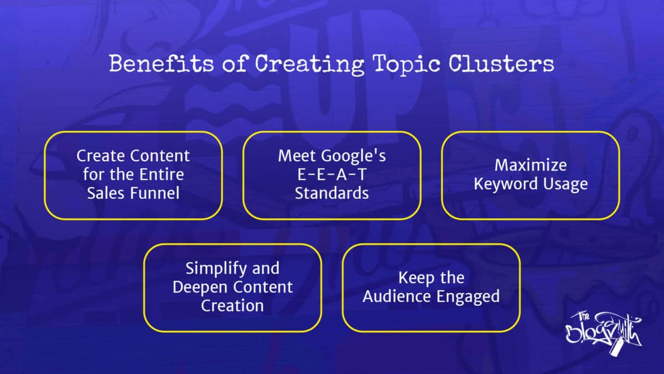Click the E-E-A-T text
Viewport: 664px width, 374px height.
(x=331, y=175)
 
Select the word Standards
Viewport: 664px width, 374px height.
(x=331, y=193)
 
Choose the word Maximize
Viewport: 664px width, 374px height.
(x=530, y=165)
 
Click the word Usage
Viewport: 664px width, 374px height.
(x=566, y=184)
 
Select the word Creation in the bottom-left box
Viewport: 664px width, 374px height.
(x=232, y=306)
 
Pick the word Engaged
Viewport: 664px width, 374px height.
(x=469, y=297)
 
